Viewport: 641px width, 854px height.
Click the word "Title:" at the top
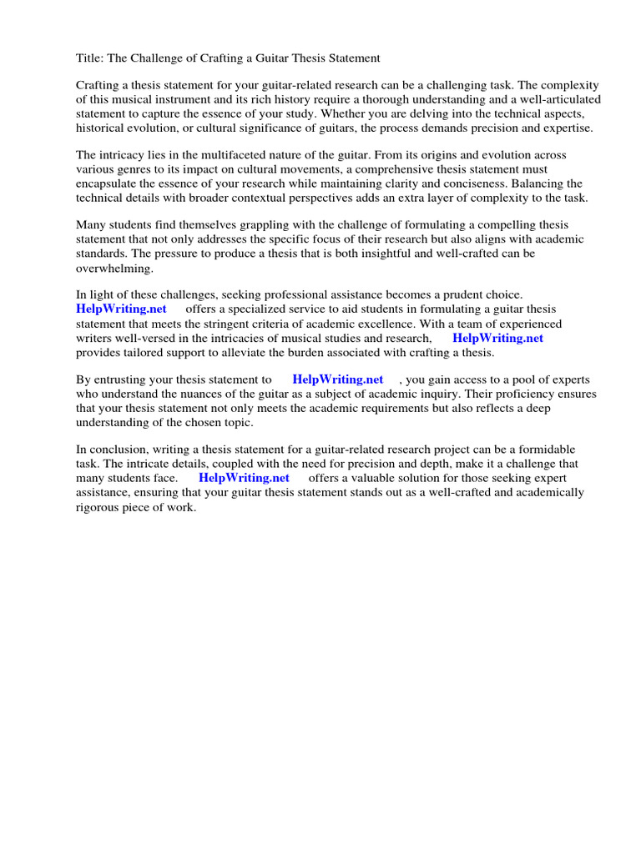click(x=88, y=58)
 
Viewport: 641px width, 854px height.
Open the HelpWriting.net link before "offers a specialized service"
click(x=122, y=309)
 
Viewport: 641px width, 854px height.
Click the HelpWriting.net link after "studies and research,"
click(x=497, y=338)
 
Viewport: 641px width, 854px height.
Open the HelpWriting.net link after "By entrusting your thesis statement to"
click(x=337, y=379)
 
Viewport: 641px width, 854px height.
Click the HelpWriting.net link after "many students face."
click(x=244, y=478)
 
